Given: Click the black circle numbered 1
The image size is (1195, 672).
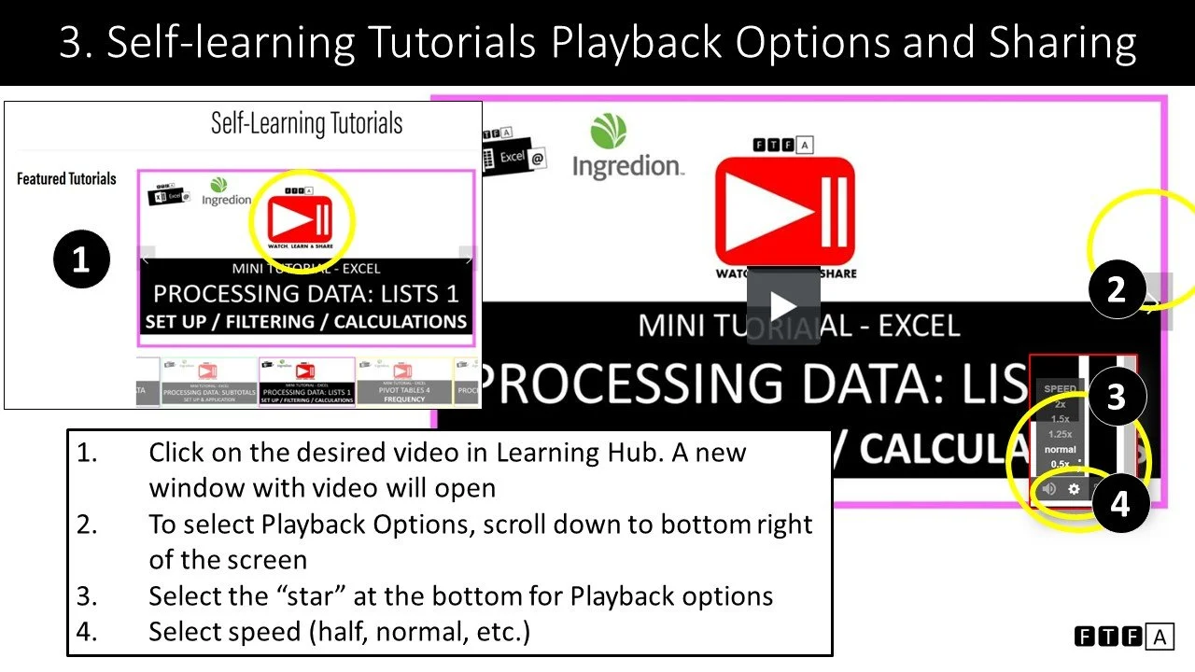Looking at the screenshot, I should click(81, 259).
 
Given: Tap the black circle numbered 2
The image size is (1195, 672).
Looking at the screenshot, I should click(1118, 290).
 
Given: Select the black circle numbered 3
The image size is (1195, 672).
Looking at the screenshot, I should click(1116, 397).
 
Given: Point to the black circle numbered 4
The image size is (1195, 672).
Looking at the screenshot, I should click(1119, 505).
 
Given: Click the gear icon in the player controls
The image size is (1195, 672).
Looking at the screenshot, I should click(1074, 488).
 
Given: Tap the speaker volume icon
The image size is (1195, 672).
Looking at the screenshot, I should click(1048, 488).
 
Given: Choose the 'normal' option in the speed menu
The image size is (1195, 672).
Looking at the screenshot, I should click(1060, 449).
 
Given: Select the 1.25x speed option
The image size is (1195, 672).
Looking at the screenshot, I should click(1060, 434).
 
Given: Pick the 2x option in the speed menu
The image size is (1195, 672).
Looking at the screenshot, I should click(1060, 404).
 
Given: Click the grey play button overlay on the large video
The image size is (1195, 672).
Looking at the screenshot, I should click(782, 306).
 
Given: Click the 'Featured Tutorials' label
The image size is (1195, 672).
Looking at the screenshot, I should click(66, 178).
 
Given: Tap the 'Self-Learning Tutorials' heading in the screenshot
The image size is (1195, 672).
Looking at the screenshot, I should click(306, 123).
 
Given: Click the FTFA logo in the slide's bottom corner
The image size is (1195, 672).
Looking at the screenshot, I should click(1123, 637).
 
